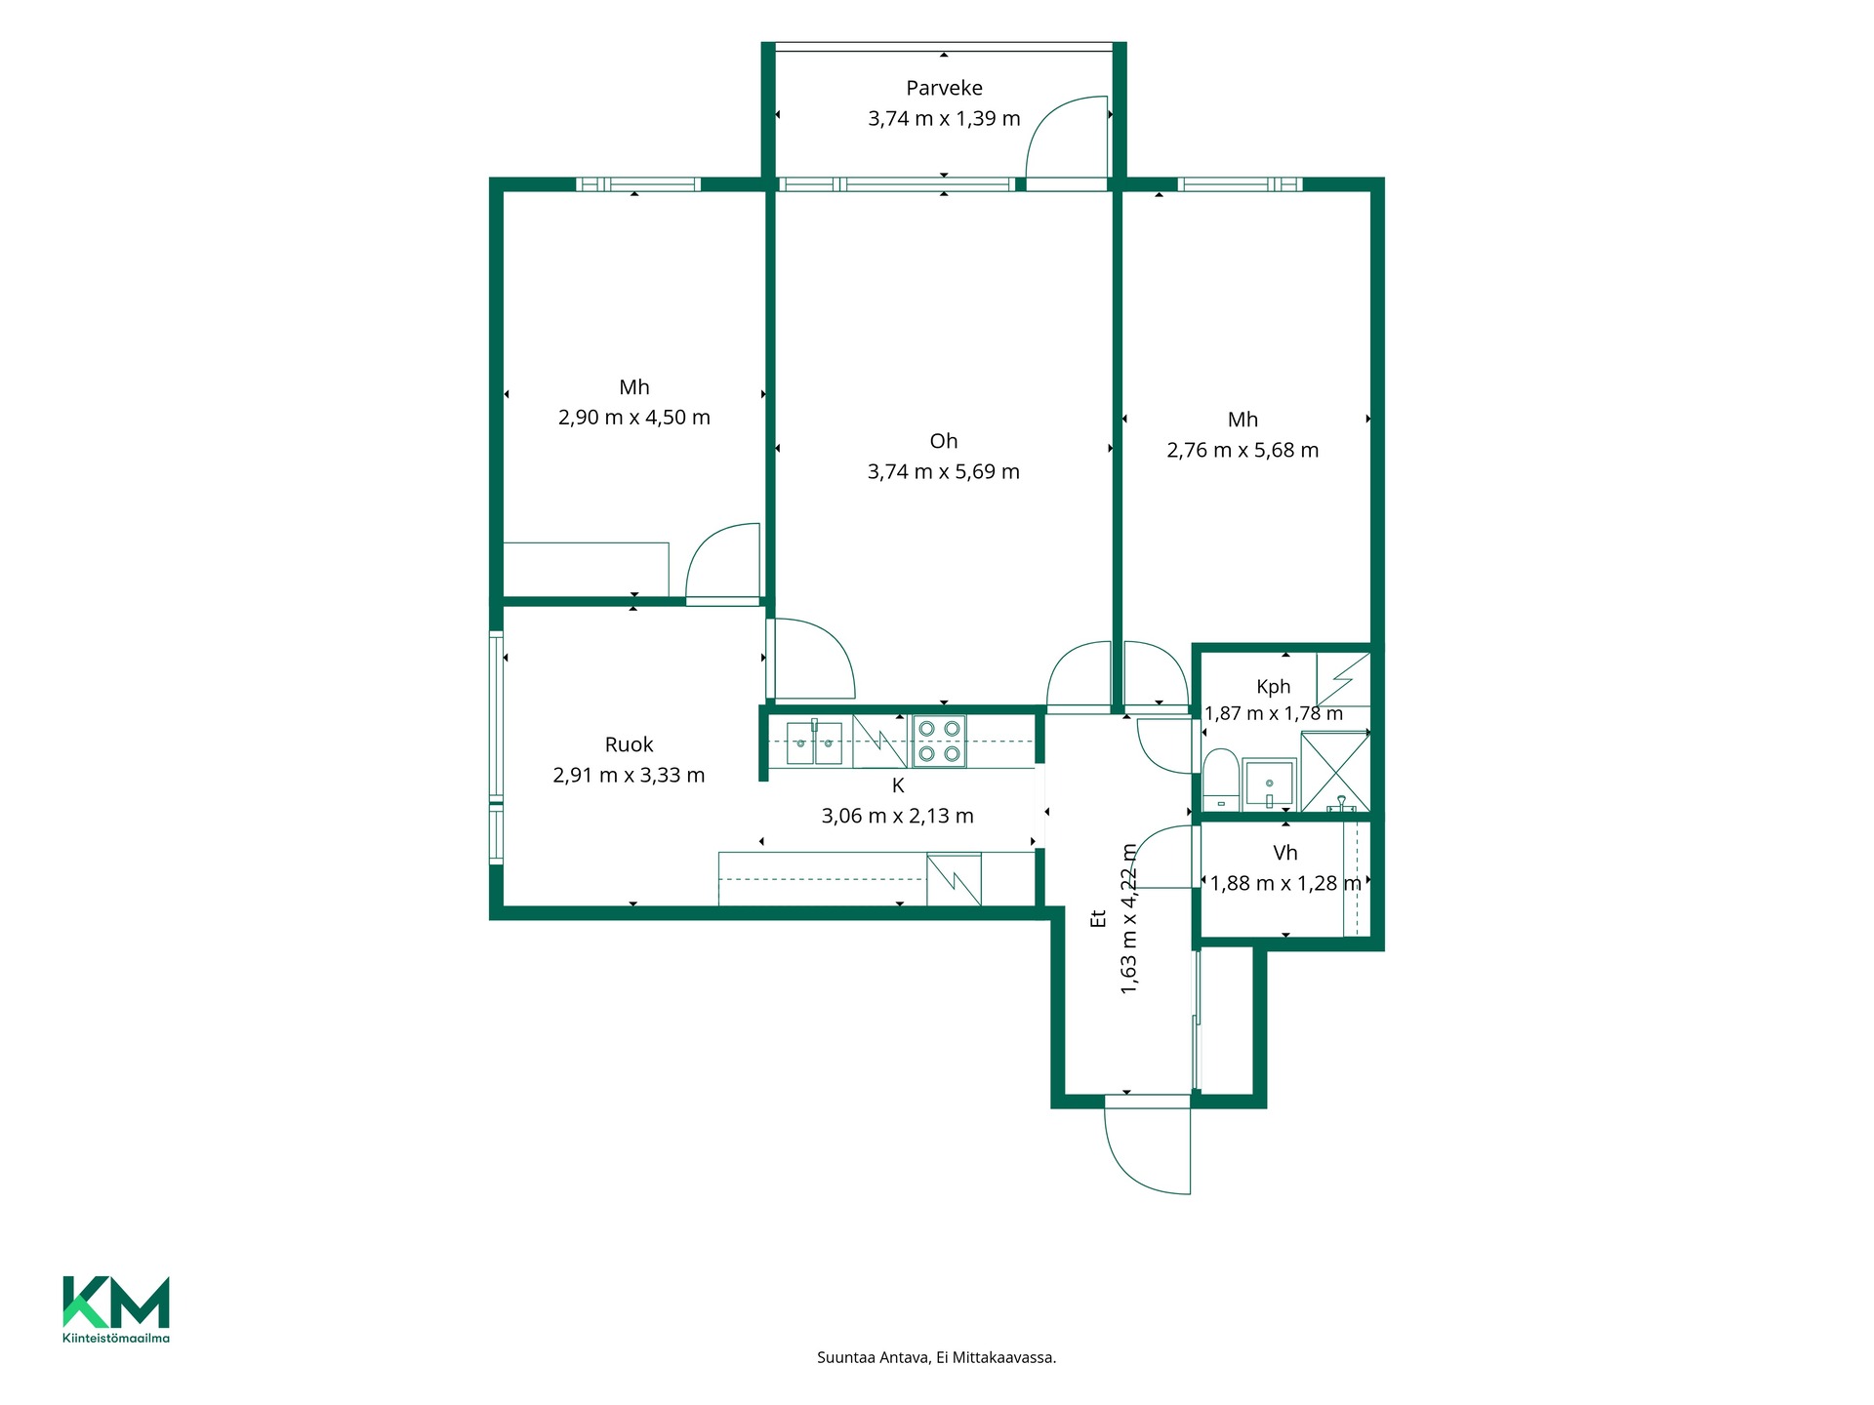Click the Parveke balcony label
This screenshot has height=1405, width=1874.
pyautogui.click(x=944, y=89)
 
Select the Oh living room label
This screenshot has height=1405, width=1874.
pyautogui.click(x=944, y=441)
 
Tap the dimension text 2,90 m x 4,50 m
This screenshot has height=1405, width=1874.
pyautogui.click(x=634, y=418)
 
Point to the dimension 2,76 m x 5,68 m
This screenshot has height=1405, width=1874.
pyautogui.click(x=1243, y=451)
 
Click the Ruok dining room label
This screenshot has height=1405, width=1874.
pyautogui.click(x=629, y=745)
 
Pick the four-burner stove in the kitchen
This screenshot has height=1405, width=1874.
pyautogui.click(x=939, y=741)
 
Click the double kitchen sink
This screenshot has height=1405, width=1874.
pyautogui.click(x=814, y=743)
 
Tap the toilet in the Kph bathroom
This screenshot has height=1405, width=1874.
pyautogui.click(x=1221, y=780)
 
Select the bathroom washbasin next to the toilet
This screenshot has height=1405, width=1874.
pyautogui.click(x=1269, y=783)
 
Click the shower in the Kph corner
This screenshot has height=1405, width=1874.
pyautogui.click(x=1335, y=772)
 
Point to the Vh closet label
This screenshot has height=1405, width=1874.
pyautogui.click(x=1285, y=854)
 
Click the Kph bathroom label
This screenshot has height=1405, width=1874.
pyautogui.click(x=1274, y=687)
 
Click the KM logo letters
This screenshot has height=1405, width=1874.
pyautogui.click(x=116, y=1302)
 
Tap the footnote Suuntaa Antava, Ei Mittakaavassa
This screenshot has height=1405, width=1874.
pyautogui.click(x=937, y=1357)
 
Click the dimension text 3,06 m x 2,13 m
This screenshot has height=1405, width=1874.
pyautogui.click(x=898, y=817)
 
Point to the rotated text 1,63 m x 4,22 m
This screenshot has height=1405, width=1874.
pyautogui.click(x=1129, y=919)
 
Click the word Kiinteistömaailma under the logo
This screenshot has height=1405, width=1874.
pyautogui.click(x=116, y=1338)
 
